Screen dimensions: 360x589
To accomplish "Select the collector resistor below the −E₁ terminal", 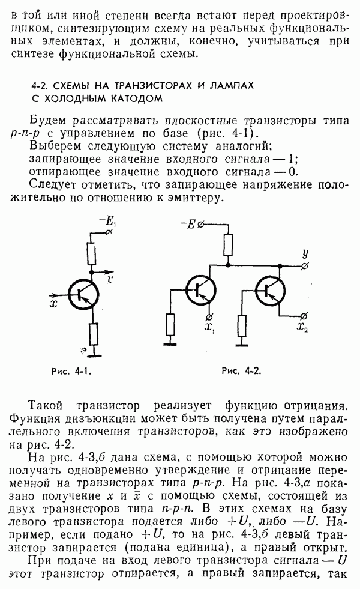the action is tap(91, 254).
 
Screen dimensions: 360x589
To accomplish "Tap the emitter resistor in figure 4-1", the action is tap(93, 334).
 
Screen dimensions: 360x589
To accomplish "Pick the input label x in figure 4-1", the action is tap(53, 303).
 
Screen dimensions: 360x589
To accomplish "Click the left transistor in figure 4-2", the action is tap(200, 289).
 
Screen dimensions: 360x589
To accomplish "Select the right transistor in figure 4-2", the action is tap(271, 290).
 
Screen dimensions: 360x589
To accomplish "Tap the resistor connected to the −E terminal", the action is tap(228, 245).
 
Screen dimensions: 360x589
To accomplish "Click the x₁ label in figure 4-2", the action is tap(209, 327).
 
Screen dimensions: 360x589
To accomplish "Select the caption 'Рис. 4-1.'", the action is tap(71, 372).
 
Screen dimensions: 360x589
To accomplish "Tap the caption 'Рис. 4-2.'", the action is tap(241, 371).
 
